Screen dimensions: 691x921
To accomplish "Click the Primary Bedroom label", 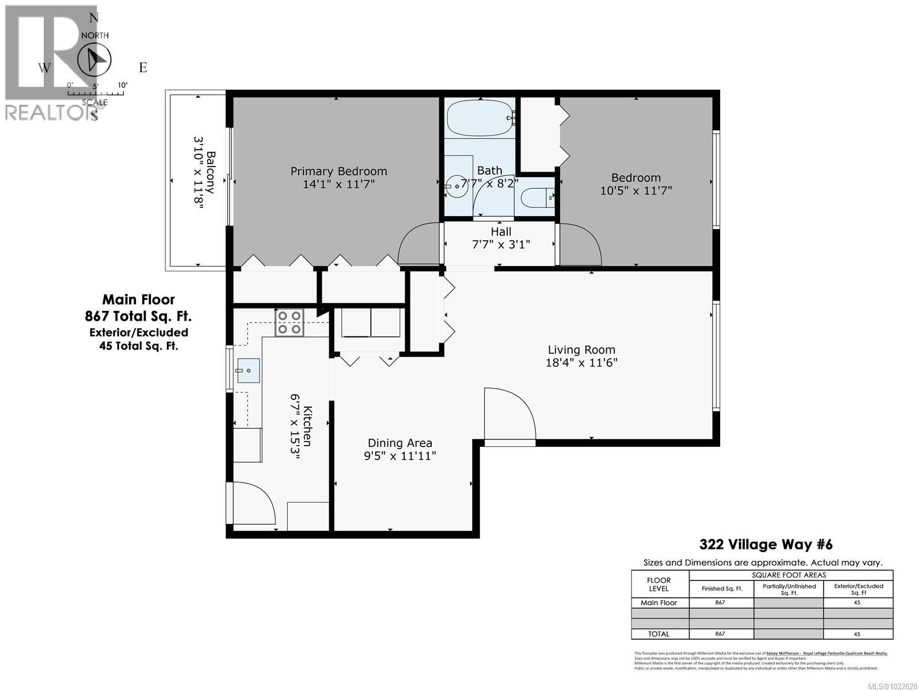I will click(338, 171).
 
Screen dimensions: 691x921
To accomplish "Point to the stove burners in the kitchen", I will click(290, 322).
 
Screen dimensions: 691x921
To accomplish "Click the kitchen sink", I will click(248, 371).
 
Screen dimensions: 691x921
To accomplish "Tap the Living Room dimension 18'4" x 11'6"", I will click(581, 363).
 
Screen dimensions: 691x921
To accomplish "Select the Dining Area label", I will click(400, 443).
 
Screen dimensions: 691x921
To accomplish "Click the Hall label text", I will click(501, 231).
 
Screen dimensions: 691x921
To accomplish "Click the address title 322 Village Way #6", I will click(766, 544).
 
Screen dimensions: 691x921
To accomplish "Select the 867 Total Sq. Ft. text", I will click(138, 316).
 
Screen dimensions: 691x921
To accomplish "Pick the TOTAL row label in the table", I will click(659, 633).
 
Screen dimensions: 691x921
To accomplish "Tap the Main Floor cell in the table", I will click(659, 602).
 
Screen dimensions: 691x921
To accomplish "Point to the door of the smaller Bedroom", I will click(580, 245).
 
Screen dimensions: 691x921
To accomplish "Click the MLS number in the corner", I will click(890, 686).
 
